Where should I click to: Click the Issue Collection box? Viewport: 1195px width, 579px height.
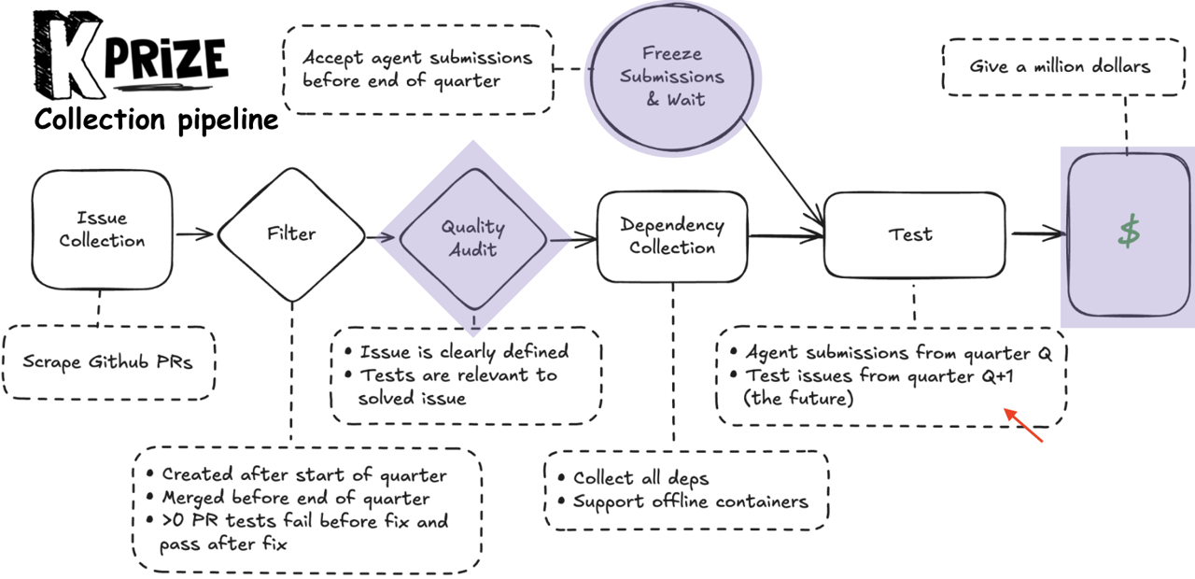coord(103,230)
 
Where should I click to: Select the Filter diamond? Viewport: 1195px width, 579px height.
coord(291,233)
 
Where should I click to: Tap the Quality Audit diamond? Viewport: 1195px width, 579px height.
coord(472,237)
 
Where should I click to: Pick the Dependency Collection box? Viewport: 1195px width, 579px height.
coord(672,236)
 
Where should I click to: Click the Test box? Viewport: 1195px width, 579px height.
coord(910,234)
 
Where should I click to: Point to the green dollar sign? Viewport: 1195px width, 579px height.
coord(1130,233)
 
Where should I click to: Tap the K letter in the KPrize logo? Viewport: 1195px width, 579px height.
coord(67,56)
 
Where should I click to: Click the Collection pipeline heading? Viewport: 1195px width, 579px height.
coord(156,120)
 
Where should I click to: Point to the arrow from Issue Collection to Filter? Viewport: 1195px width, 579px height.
coord(194,234)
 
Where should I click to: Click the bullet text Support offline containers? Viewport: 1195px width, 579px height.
coord(690,501)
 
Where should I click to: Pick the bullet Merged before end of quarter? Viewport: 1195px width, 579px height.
coord(295,498)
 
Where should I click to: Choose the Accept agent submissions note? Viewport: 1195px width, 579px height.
coord(416,68)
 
